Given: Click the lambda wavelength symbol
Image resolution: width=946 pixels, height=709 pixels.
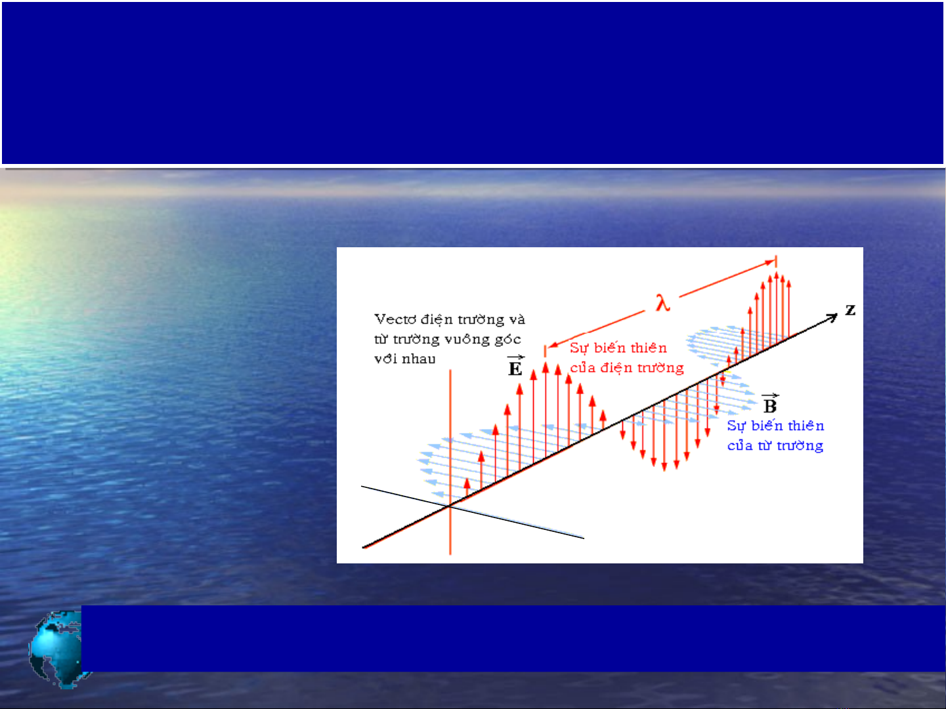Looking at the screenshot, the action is pos(663,302).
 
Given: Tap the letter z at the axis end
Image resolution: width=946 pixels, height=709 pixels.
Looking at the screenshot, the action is pos(850,310).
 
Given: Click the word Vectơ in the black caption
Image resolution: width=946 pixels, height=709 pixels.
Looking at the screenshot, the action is pos(395,319).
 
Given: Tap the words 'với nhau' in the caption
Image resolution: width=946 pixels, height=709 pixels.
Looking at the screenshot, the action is pos(404,359).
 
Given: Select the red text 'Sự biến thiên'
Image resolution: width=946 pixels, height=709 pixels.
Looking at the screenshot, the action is pos(618,348).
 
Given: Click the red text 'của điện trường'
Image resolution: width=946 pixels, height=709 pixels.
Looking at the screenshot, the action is pos(627,368).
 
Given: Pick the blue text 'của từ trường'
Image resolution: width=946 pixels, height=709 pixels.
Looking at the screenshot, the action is pos(775,445).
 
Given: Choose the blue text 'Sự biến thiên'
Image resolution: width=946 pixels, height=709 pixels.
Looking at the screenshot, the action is pos(775,425).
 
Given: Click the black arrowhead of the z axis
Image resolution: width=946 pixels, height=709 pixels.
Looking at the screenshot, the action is pos(832,317).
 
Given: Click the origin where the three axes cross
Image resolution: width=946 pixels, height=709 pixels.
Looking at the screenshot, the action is pos(450,506).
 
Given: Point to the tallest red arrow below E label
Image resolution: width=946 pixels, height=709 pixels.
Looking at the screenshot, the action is pos(546,410).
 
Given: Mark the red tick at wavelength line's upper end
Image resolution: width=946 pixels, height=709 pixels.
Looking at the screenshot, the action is pos(776,261).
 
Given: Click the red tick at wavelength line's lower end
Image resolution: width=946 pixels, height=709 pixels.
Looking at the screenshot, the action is pos(545,351).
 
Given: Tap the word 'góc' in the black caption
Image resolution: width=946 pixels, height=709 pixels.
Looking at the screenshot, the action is pos(507,340).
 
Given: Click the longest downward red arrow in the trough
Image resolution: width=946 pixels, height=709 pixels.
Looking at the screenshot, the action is pos(664,436).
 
